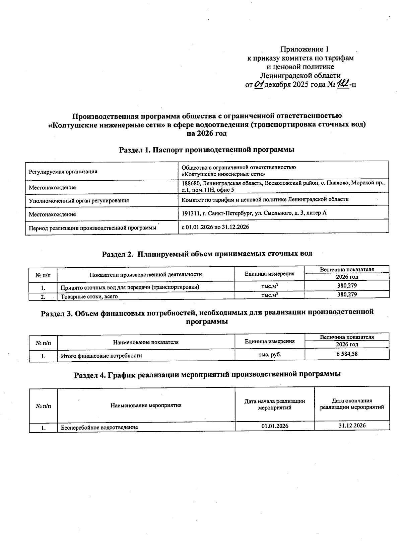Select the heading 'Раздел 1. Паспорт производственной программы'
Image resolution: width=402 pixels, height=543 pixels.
coord(207,150)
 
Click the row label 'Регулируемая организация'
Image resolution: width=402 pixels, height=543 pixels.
coord(63,172)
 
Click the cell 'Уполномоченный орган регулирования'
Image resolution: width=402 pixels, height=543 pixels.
coord(79,200)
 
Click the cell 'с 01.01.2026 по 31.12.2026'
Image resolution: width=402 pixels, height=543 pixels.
coord(215,227)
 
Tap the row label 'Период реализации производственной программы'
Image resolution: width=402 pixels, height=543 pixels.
coord(92,228)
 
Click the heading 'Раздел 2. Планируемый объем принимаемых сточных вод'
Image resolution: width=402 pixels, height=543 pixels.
coord(207,254)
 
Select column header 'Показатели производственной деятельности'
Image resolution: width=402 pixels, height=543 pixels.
coord(146,275)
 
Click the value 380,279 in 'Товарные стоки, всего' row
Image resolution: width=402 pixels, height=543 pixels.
coord(347,295)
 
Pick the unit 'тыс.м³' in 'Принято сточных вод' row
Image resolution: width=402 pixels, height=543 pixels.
coord(270,286)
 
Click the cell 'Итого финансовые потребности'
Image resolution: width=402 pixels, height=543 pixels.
coord(101,356)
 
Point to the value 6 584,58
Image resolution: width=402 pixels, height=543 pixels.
coord(347,354)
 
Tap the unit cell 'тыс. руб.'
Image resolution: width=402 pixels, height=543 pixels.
coord(270,354)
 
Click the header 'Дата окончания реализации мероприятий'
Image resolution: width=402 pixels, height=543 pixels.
coord(352,404)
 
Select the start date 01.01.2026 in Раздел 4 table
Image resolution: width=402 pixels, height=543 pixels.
coord(275,426)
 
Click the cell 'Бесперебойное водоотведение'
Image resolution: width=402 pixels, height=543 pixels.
coord(99,428)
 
